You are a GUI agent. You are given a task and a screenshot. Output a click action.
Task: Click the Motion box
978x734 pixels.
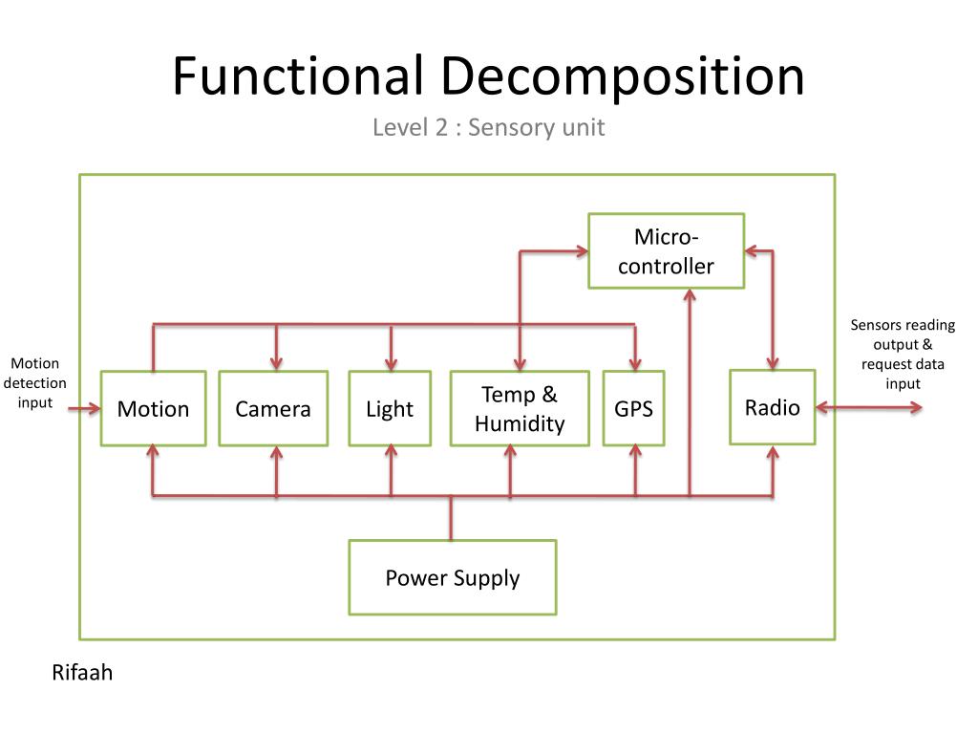click(x=153, y=408)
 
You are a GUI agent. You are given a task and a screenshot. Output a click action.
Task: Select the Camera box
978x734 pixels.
click(x=273, y=408)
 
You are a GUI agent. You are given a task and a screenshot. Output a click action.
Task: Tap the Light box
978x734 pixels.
click(x=390, y=408)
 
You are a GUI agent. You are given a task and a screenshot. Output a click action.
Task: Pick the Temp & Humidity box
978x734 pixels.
click(x=520, y=408)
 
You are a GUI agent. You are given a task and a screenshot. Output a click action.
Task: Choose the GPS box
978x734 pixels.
click(x=633, y=408)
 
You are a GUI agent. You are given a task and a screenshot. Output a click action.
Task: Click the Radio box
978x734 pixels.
click(x=772, y=407)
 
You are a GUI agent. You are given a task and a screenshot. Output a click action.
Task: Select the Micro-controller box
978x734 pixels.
click(x=666, y=251)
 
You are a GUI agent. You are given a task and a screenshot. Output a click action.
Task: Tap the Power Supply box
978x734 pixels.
click(x=452, y=577)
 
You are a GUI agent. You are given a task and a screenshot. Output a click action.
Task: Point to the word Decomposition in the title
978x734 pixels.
click(x=623, y=76)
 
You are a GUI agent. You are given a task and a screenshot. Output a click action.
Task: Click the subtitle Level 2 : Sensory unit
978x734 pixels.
click(x=488, y=127)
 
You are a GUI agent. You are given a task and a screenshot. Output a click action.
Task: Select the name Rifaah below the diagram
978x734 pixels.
click(x=82, y=673)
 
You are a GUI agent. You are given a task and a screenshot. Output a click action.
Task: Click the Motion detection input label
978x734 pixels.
click(x=35, y=383)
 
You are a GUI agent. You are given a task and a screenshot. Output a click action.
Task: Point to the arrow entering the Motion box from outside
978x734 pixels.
click(x=84, y=408)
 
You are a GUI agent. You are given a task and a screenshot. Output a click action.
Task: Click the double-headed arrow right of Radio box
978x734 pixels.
click(x=869, y=408)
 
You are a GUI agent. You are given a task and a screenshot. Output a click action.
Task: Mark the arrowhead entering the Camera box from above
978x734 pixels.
click(x=276, y=362)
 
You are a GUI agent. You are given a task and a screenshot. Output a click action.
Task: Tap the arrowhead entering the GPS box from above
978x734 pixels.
click(x=635, y=362)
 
